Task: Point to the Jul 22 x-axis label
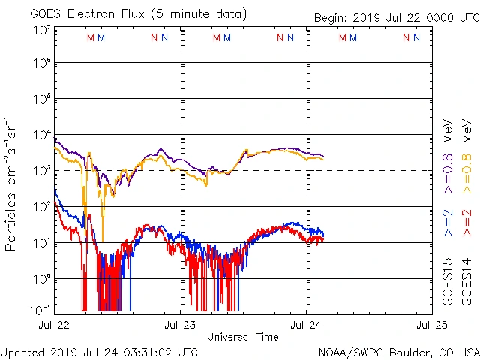54,325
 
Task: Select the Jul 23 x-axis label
180,325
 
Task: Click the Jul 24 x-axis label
306,325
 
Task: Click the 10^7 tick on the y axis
42,30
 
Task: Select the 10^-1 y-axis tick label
40,309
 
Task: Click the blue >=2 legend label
448,223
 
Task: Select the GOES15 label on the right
448,283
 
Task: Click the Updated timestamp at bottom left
100,351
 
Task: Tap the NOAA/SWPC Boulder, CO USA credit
398,351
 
